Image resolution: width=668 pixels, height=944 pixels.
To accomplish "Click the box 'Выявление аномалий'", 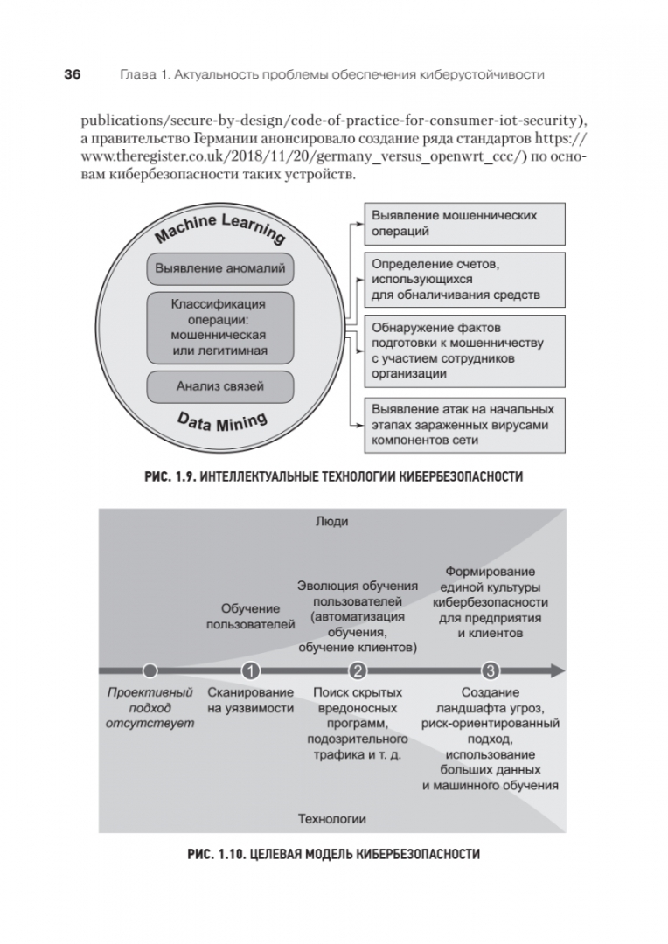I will coord(219,268).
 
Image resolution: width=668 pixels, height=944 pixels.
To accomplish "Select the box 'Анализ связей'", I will coord(219,385).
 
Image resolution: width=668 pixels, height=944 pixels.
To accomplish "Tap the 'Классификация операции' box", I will coord(219,327).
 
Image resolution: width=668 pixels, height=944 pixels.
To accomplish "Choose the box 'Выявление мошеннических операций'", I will coord(463,224).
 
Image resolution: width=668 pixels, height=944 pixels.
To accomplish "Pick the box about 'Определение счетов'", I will coord(463,279).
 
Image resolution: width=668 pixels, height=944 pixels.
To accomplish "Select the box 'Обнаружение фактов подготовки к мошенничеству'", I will coord(463,349).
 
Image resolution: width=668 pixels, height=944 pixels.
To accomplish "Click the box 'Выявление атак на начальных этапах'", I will coord(463,424).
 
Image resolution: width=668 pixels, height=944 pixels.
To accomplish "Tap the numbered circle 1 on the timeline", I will coord(251,671).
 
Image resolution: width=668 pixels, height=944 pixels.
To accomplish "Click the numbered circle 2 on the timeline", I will coord(357,671).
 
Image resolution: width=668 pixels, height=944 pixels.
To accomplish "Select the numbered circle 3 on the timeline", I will coord(490,671).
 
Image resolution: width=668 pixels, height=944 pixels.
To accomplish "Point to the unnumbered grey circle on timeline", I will coord(150,671).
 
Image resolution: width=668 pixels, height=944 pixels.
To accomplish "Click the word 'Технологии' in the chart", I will coord(332,819).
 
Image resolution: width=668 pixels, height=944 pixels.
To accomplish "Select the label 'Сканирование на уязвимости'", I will coord(251,700).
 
